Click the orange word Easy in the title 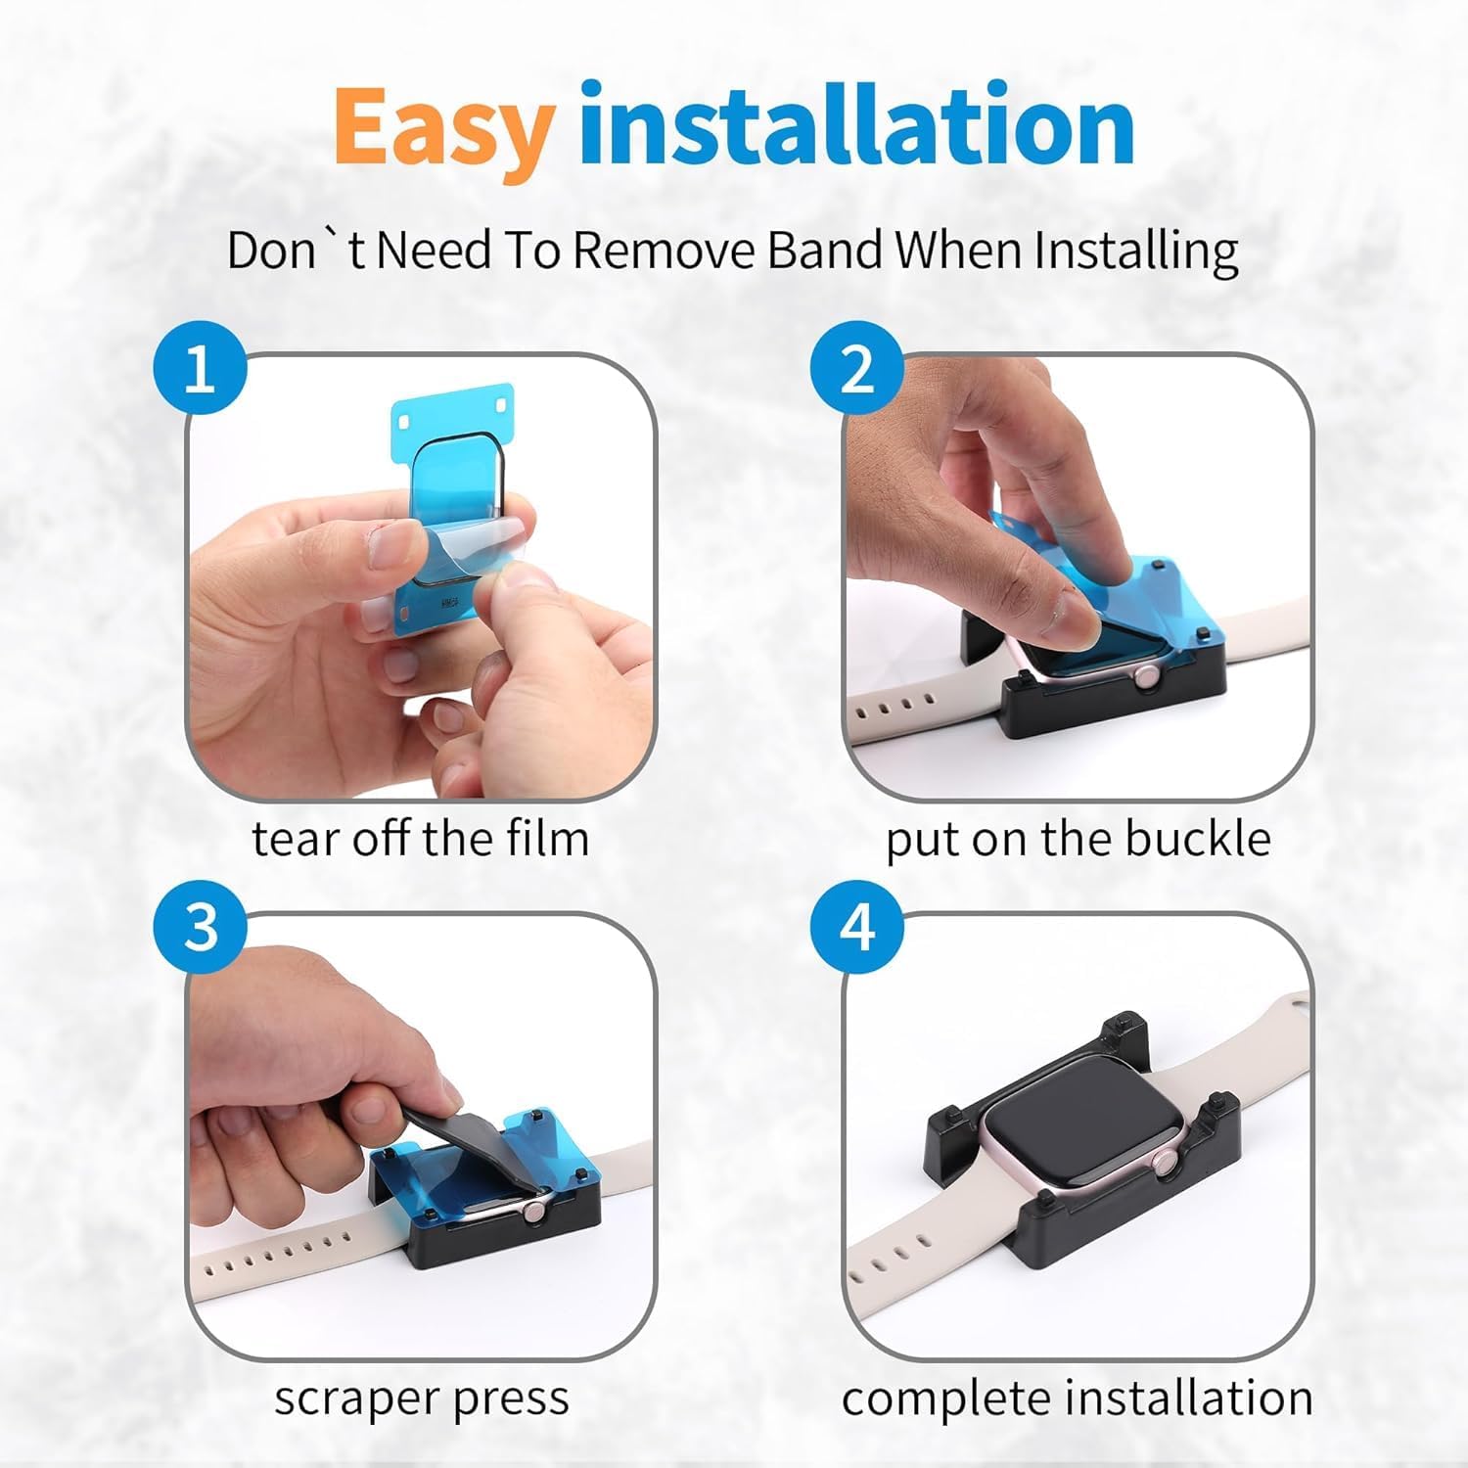tap(443, 130)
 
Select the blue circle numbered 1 tap(200, 370)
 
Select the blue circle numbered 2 tap(857, 370)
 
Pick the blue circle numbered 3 tap(200, 927)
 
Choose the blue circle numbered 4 tap(857, 927)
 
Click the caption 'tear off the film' tap(421, 839)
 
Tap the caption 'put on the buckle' tap(1078, 840)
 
